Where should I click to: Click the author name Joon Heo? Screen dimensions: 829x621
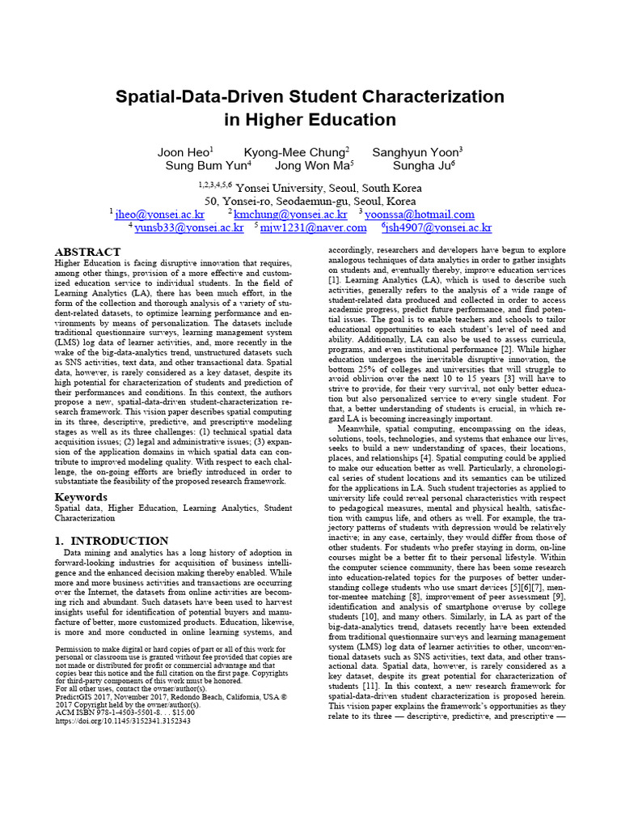point(184,152)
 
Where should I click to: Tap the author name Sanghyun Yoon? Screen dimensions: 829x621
point(416,152)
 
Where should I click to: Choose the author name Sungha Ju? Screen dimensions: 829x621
point(422,166)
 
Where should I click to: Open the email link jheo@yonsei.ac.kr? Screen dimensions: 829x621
point(160,215)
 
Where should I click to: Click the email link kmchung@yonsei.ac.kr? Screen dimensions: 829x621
point(290,215)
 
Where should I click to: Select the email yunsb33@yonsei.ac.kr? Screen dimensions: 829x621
point(188,228)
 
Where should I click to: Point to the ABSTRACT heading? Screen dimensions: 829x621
point(87,252)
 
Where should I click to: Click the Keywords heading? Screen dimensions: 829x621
point(81,496)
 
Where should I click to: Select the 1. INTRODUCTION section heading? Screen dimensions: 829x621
point(112,540)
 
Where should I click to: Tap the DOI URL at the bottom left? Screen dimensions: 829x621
point(123,720)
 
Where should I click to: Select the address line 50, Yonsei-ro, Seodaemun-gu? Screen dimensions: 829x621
point(310,201)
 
